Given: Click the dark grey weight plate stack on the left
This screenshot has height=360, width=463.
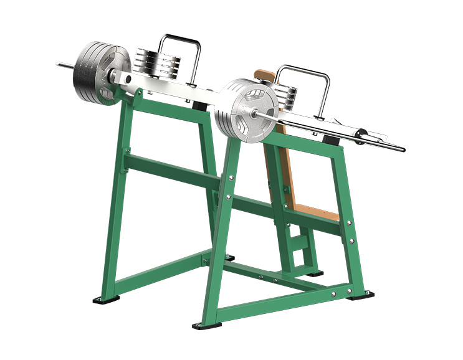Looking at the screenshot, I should pyautogui.click(x=93, y=70).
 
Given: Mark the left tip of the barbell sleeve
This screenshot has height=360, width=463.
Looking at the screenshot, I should pyautogui.click(x=57, y=64).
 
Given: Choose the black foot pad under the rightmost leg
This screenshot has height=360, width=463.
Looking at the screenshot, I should pyautogui.click(x=361, y=295).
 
